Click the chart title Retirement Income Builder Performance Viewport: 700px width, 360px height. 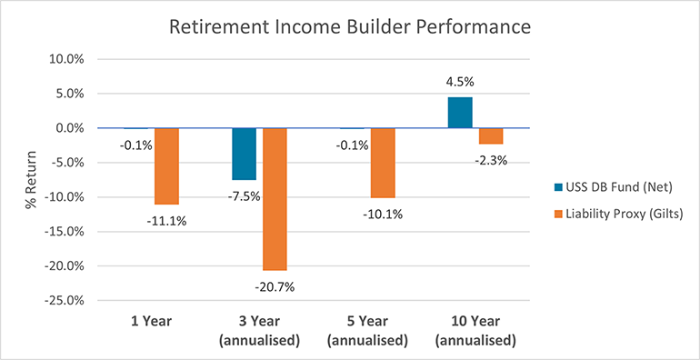coord(350,27)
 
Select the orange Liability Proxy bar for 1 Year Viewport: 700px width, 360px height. coord(166,166)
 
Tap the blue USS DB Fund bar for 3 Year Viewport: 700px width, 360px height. coord(244,154)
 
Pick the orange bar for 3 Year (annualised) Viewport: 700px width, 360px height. coord(275,199)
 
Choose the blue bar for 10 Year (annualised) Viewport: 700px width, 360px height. coord(460,113)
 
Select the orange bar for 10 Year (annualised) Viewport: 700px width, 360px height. coord(491,136)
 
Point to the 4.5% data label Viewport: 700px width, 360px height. coord(460,83)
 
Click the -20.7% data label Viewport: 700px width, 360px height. coord(275,287)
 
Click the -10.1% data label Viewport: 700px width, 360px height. coord(383,215)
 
